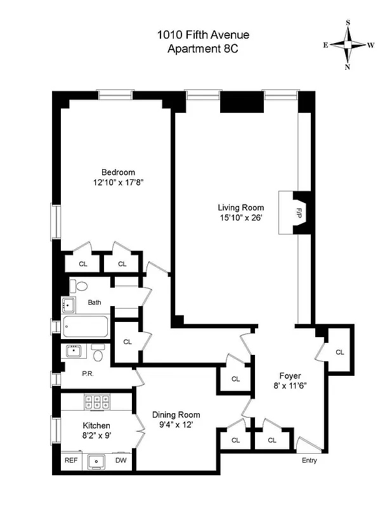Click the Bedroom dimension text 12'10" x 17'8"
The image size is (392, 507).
pos(119,183)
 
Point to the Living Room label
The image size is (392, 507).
pos(240,207)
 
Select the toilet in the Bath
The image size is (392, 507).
pos(76,286)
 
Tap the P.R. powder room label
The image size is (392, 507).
pos(88,374)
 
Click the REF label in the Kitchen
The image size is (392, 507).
pos(71,461)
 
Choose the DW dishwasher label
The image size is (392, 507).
pos(120,461)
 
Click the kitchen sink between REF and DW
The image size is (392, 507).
pos(97,461)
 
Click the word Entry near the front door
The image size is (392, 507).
pos(309,460)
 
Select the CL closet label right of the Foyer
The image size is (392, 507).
pos(339,352)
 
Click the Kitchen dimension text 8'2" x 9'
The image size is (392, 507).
pos(96,435)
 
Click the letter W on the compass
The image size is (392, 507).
pos(371,45)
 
